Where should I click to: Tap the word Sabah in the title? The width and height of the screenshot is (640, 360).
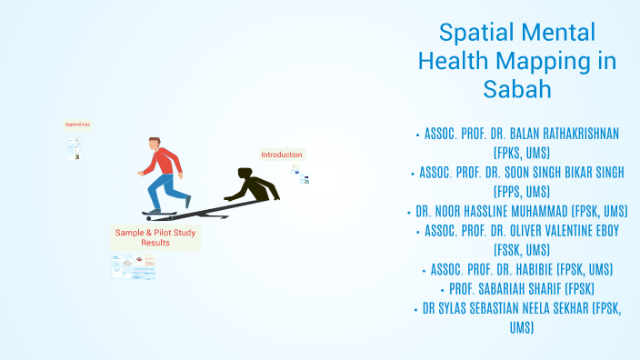click(x=516, y=90)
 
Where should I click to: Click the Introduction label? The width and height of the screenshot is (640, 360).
click(x=282, y=155)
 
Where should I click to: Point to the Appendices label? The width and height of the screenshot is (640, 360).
click(x=77, y=124)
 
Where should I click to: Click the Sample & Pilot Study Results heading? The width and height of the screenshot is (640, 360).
click(x=155, y=238)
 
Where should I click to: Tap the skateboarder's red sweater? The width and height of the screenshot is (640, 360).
click(x=160, y=162)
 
